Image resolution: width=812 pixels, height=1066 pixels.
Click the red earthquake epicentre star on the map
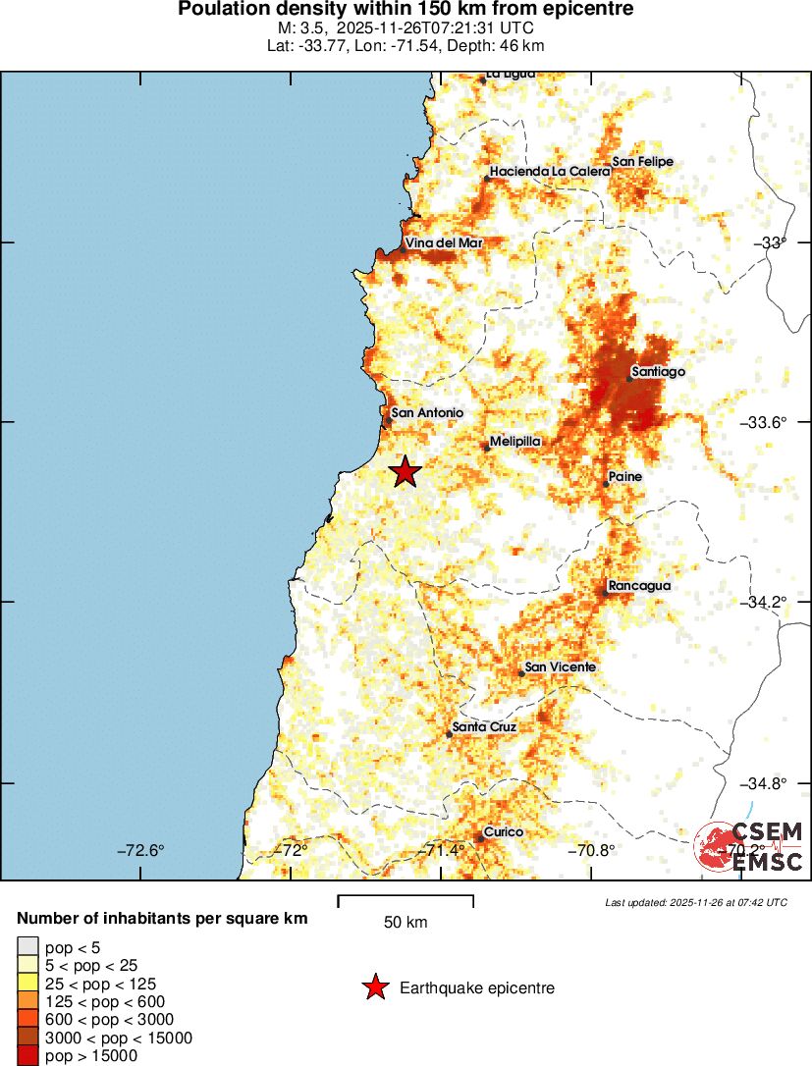(x=405, y=472)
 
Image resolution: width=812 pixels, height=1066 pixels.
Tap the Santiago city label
(x=658, y=372)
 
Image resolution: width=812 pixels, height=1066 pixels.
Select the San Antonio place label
(x=426, y=413)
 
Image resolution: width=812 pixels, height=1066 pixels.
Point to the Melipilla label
(x=515, y=442)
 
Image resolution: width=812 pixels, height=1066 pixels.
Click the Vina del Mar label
(x=440, y=242)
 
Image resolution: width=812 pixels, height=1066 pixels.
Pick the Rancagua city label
(x=638, y=586)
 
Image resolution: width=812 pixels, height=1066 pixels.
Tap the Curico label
(x=503, y=831)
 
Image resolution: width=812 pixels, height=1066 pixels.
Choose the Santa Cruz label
(x=484, y=726)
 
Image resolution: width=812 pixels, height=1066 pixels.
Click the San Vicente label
(x=560, y=667)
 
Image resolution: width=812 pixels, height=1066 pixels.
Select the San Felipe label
(x=642, y=162)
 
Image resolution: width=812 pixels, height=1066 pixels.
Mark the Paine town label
(x=624, y=476)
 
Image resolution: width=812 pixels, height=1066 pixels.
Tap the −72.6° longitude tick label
(x=141, y=850)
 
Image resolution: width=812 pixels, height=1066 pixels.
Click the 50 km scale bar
(x=406, y=901)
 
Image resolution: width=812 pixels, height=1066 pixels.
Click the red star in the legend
(x=375, y=988)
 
